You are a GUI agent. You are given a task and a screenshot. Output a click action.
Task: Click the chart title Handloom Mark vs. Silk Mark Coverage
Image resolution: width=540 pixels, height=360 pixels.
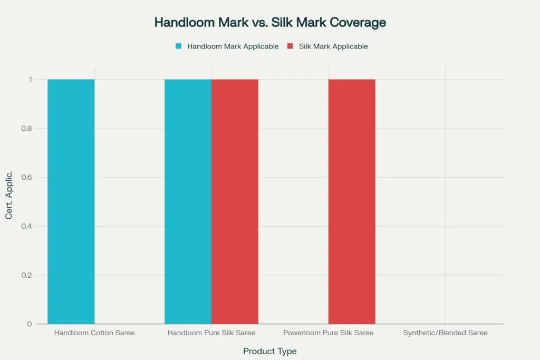point(269,23)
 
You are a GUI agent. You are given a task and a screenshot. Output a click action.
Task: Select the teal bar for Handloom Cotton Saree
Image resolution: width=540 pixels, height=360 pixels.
point(71,201)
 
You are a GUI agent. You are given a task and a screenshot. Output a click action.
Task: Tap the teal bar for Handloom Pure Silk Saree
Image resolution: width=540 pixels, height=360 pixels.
point(188,201)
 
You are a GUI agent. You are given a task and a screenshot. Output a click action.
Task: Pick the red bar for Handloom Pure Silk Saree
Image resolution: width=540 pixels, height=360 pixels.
point(235,201)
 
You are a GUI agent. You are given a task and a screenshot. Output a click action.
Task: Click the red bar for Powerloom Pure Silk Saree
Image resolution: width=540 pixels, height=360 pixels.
point(352,201)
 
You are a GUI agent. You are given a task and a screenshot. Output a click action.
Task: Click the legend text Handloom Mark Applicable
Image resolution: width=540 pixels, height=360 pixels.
point(233,46)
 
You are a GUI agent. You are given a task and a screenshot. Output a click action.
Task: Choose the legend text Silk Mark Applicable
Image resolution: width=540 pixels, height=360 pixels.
point(333,46)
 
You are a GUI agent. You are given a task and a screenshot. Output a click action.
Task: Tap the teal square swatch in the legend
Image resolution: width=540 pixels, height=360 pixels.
point(178,46)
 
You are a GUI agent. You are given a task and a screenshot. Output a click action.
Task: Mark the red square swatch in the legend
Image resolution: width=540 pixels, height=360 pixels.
point(290,46)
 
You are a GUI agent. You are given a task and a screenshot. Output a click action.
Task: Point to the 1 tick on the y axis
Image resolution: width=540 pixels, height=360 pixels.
point(31,80)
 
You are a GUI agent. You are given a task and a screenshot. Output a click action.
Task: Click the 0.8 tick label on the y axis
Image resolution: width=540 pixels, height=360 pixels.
point(27,129)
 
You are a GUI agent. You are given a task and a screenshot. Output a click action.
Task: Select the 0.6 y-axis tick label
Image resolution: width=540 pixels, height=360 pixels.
point(27,178)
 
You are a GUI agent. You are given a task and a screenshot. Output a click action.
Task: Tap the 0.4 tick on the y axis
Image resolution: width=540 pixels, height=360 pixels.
point(27,226)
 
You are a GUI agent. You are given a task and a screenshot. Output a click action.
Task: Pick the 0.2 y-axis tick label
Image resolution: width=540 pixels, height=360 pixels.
point(27,275)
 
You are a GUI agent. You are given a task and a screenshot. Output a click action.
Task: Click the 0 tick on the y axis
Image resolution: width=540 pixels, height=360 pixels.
point(30,324)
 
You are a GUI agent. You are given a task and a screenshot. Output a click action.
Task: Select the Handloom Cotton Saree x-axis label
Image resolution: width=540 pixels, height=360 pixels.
point(94,333)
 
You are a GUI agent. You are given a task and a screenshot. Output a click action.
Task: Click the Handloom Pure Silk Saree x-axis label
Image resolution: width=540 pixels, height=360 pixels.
point(211,333)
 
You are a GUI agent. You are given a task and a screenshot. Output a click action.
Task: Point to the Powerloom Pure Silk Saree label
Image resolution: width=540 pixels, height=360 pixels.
point(328,333)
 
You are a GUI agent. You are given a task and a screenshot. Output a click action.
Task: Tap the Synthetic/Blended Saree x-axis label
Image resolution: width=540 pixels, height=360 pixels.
point(445,333)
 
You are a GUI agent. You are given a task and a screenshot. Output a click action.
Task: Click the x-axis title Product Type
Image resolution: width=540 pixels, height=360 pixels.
point(269,351)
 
